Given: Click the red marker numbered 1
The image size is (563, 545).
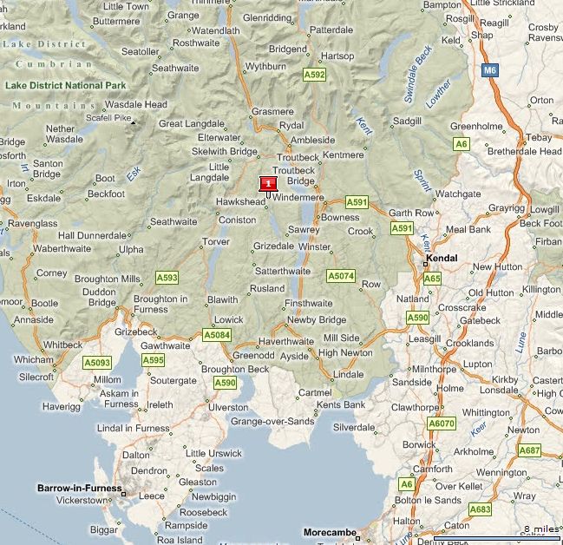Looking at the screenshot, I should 268,183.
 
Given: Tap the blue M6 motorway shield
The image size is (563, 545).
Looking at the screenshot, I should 491,69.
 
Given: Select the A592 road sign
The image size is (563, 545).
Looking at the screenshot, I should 314,76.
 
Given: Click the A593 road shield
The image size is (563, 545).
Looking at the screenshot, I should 167,278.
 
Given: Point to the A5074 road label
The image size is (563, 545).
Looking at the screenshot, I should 341,276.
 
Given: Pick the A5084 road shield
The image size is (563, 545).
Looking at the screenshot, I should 216,335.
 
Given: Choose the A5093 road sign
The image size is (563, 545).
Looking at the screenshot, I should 96,362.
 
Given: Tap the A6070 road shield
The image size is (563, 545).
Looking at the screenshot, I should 441,423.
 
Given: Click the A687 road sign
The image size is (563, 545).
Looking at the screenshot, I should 529,450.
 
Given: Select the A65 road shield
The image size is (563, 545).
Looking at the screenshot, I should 432,279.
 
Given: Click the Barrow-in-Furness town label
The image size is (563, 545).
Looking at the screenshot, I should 79,489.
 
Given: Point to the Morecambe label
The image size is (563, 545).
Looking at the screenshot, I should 331,532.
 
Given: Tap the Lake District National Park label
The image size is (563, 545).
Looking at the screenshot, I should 66,85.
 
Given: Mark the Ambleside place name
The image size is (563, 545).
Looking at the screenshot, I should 312,140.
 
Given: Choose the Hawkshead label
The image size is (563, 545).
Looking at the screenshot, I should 240,201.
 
